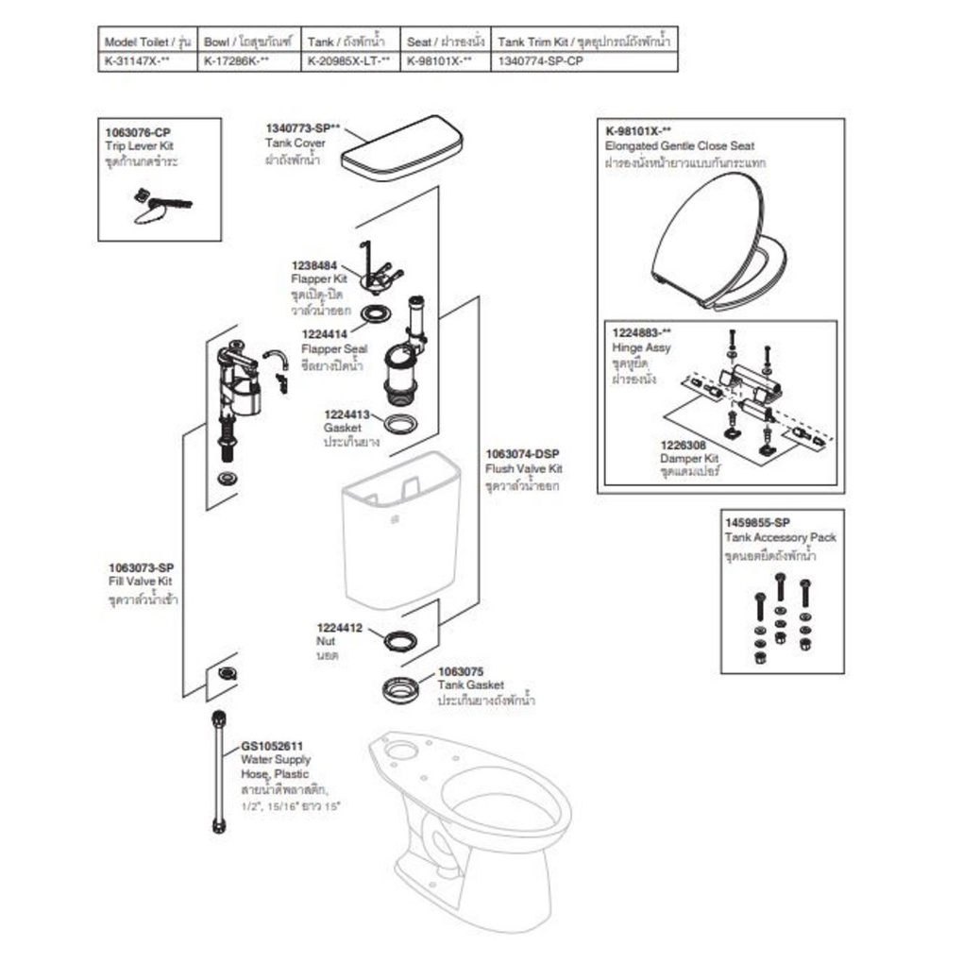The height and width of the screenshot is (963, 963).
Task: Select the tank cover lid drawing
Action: [401, 149]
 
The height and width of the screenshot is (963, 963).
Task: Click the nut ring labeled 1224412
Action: [400, 639]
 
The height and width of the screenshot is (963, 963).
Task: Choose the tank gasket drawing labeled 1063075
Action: [407, 688]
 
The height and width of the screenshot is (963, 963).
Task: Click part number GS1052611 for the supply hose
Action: [272, 745]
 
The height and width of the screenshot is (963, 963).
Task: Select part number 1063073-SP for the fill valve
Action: [141, 567]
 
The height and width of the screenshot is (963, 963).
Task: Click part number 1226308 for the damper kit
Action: [686, 445]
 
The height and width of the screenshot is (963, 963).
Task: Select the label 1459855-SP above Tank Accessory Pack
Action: [757, 522]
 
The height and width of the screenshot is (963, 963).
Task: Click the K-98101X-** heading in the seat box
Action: [639, 131]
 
